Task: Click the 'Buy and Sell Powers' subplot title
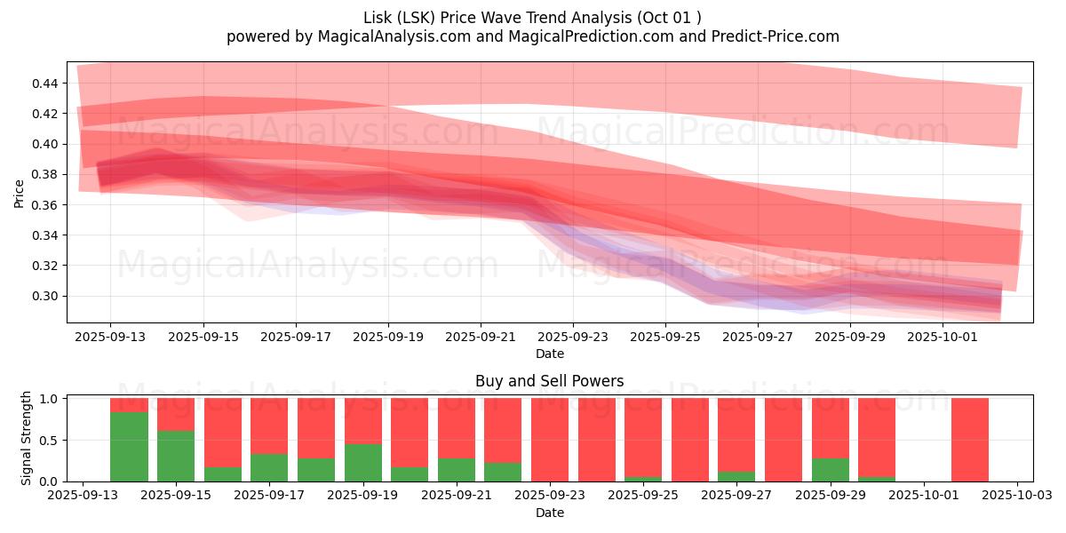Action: click(x=549, y=381)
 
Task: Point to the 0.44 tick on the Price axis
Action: click(x=44, y=84)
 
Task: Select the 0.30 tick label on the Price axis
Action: click(x=44, y=296)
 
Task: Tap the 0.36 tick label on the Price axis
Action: click(x=44, y=205)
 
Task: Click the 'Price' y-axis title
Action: click(x=20, y=193)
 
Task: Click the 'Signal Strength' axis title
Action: click(x=27, y=438)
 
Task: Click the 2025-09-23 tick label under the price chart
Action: click(x=573, y=338)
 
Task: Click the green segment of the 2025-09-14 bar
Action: click(x=129, y=447)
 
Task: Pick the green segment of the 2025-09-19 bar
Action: click(x=362, y=463)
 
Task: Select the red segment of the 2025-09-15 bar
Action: click(x=176, y=414)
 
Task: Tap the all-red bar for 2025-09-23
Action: click(x=550, y=440)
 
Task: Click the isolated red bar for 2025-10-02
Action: click(x=970, y=440)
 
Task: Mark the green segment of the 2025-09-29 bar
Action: click(x=830, y=470)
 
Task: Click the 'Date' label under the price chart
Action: click(x=549, y=354)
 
